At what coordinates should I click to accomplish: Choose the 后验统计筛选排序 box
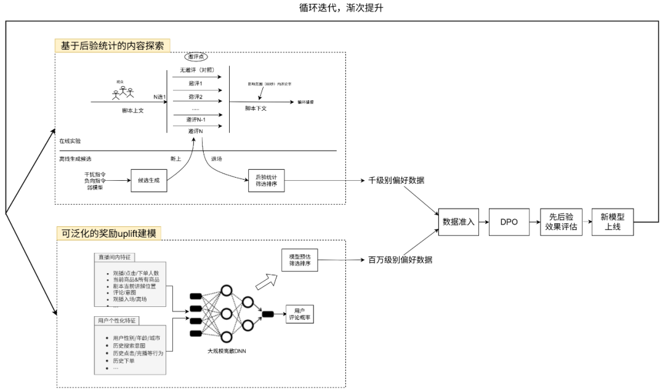(266, 181)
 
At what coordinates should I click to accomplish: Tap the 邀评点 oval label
(198, 57)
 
